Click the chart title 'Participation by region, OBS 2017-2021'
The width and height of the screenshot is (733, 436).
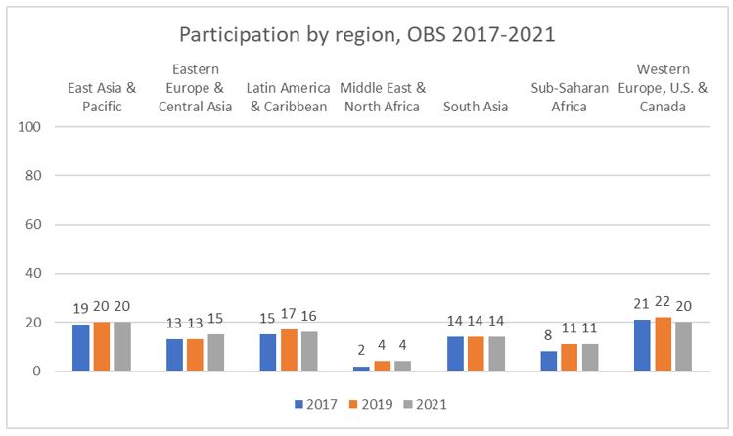366,33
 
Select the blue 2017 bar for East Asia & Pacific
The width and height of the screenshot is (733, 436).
80,348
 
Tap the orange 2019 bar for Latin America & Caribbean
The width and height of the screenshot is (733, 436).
289,350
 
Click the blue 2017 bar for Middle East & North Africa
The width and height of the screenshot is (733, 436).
362,369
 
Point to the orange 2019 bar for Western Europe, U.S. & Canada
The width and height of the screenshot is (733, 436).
663,344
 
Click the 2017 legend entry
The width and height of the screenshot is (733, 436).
316,403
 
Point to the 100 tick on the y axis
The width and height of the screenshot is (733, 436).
38,127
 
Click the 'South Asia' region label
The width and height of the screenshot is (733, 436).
476,107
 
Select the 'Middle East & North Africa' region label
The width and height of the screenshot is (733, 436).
383,97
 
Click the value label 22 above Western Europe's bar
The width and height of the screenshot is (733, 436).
663,304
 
